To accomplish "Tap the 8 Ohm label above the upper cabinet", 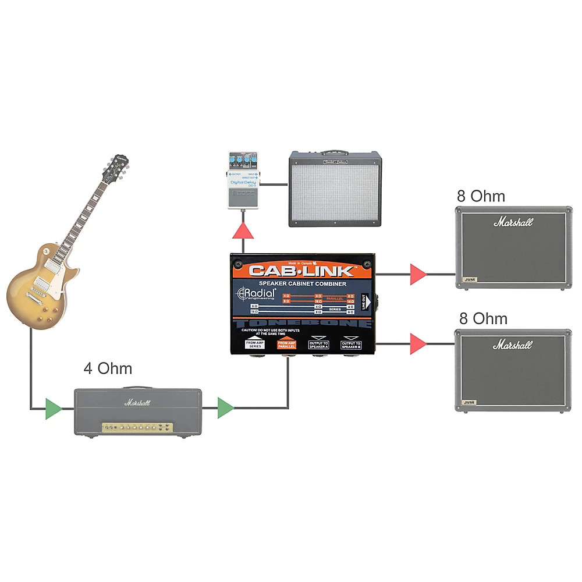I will [x=481, y=196].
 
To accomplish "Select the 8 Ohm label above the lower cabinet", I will [x=482, y=318].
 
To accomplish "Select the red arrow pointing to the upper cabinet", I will [x=417, y=274].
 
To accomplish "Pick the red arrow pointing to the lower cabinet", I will [x=417, y=344].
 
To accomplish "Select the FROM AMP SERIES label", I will [x=254, y=344].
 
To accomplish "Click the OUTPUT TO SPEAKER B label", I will [x=351, y=344].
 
